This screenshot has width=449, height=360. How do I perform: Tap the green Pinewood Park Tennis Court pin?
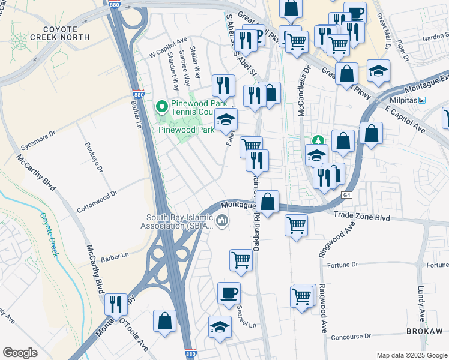(161, 107)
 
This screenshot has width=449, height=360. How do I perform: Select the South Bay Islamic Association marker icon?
(222, 222)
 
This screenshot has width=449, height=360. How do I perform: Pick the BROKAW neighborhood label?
(424, 331)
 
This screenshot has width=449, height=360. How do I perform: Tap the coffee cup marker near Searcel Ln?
(229, 293)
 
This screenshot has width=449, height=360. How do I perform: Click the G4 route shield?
(346, 196)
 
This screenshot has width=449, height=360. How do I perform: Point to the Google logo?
(20, 352)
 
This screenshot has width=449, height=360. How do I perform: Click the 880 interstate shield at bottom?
(190, 354)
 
